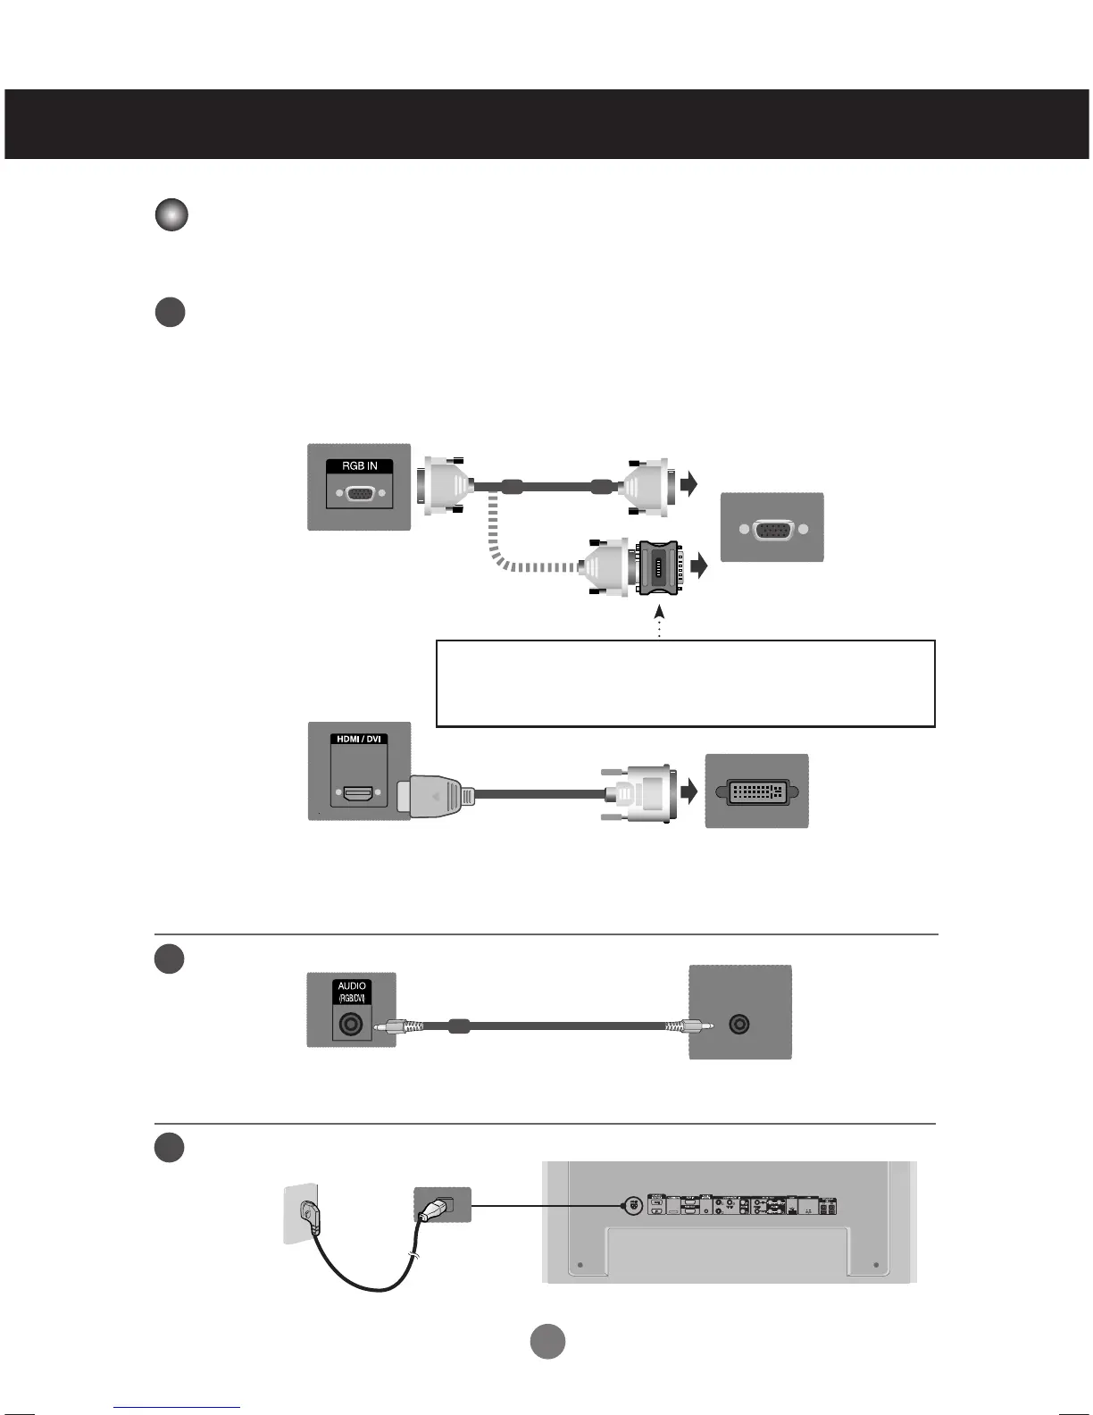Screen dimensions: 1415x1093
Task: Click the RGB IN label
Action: (359, 465)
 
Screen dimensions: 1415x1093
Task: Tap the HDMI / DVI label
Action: (359, 740)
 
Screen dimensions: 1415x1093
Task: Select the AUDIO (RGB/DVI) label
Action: (352, 992)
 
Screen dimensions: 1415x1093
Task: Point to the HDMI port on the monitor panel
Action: (359, 792)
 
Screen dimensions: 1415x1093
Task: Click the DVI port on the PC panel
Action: (756, 791)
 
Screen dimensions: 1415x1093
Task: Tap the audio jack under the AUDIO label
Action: (352, 1025)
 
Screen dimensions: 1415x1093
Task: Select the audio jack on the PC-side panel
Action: (739, 1025)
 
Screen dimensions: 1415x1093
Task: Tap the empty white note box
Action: (685, 683)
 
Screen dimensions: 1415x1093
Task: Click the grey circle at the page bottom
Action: (548, 1342)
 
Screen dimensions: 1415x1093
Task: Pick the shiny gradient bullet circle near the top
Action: (171, 215)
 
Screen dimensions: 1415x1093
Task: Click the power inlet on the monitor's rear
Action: (632, 1205)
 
